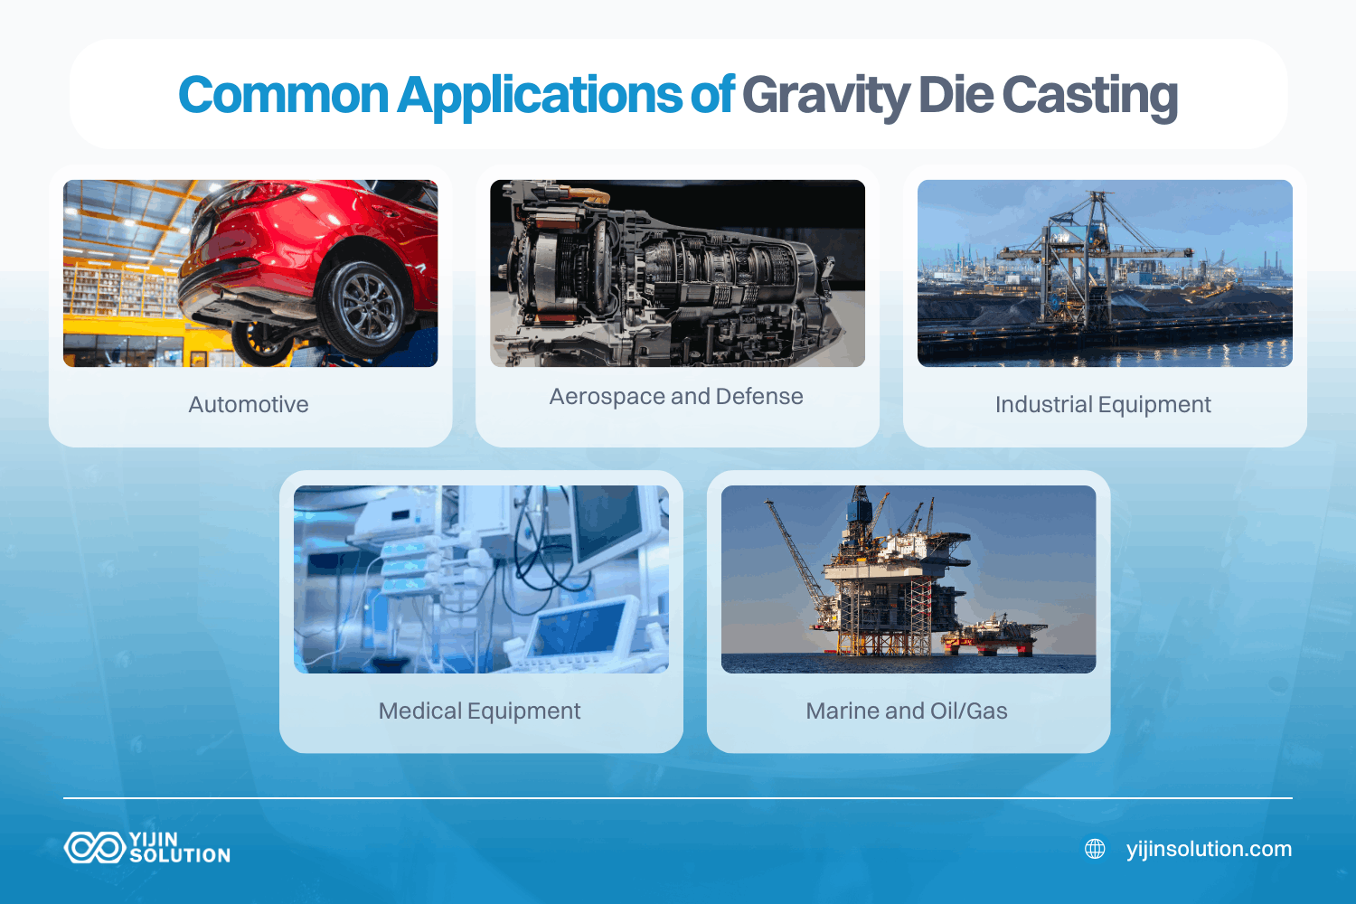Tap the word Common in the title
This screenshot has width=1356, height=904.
(283, 96)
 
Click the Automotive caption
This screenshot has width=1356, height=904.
(249, 404)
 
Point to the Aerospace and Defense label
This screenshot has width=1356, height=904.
(676, 396)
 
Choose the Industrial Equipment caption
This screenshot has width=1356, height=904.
(1103, 404)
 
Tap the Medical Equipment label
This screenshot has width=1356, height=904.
(479, 711)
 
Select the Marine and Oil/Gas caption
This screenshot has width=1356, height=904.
(907, 711)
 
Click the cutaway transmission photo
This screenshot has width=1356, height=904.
(677, 273)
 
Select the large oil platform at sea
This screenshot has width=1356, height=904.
(890, 579)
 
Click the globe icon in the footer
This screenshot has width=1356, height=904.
(1095, 849)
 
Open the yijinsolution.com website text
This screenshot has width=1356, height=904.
(1209, 849)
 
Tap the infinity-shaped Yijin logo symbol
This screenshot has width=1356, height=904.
(94, 847)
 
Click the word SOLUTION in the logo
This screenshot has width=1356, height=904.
(180, 855)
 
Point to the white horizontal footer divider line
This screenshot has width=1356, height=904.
(678, 798)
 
